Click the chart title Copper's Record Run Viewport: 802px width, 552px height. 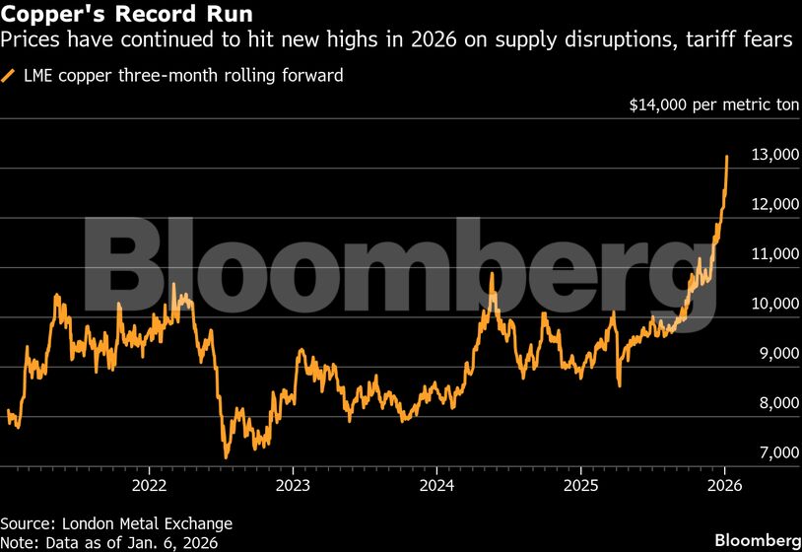pos(126,15)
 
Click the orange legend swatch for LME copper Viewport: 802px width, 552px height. pos(9,75)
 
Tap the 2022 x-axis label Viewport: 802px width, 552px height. pos(149,485)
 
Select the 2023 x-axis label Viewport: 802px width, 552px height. pos(293,485)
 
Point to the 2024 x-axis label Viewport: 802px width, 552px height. pos(436,485)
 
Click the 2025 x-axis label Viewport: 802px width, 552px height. pos(581,485)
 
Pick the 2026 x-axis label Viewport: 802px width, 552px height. pos(725,485)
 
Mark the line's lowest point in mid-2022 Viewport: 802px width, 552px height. pos(226,457)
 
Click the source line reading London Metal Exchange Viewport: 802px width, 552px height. pos(116,523)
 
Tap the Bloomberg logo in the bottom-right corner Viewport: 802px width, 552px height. pos(757,540)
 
